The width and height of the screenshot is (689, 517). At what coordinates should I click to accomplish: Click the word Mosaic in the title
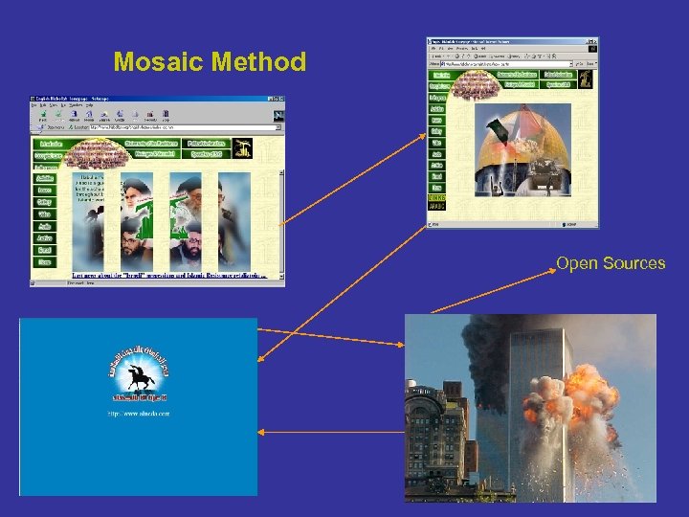(158, 63)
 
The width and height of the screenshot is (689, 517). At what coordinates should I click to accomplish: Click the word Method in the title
(257, 63)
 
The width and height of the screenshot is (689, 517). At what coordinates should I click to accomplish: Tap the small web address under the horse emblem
(139, 414)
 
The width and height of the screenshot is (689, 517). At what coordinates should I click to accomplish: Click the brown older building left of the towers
(435, 440)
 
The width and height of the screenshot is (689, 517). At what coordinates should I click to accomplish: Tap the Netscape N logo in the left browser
(278, 116)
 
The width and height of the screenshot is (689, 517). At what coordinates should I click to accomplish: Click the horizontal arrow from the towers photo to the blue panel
(330, 432)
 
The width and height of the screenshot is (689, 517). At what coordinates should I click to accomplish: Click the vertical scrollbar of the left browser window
(281, 206)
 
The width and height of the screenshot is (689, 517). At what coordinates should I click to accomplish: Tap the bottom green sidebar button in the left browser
(45, 261)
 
